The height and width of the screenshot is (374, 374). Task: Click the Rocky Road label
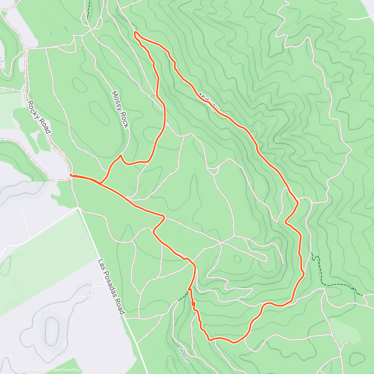click(39, 117)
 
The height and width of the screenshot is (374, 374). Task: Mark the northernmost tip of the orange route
click(136, 32)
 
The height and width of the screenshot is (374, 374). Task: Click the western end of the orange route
click(71, 175)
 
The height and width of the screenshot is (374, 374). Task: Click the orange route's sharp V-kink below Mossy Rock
click(121, 156)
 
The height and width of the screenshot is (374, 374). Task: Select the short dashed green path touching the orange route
click(183, 296)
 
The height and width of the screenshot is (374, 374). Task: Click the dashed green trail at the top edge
click(88, 9)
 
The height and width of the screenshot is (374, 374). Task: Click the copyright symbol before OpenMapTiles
click(17, 370)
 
